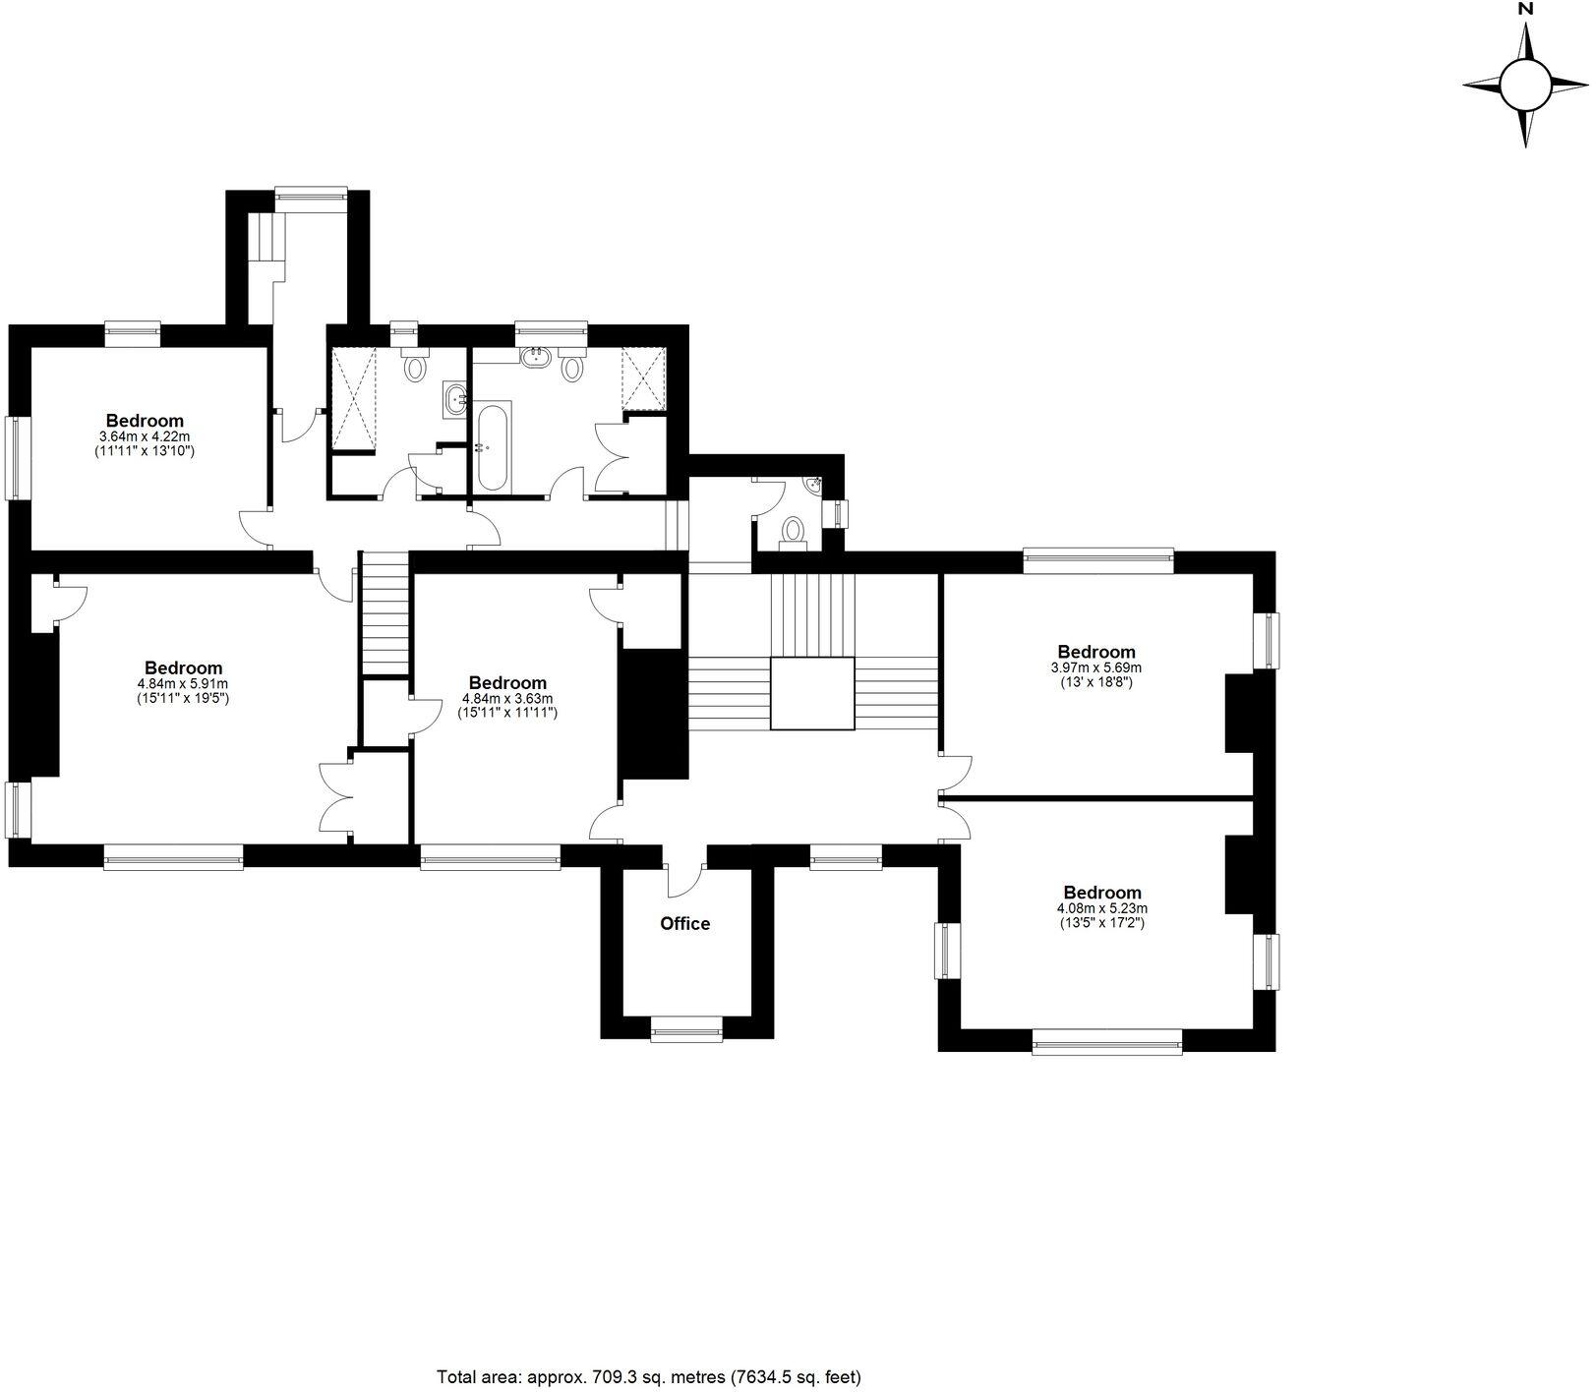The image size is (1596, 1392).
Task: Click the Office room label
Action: [x=684, y=924]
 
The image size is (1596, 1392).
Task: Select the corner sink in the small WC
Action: [x=812, y=485]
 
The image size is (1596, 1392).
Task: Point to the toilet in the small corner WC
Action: [x=792, y=532]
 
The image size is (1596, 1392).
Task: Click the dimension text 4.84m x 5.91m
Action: [x=183, y=683]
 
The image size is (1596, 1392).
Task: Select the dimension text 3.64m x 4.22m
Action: [x=145, y=436]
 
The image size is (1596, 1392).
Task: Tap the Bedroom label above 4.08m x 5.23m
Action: [x=1102, y=894]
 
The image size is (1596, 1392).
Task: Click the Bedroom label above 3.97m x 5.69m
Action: [x=1096, y=652]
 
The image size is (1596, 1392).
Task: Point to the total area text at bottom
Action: [x=649, y=1376]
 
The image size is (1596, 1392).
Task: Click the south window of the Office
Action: [x=686, y=1033]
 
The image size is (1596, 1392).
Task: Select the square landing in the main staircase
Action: [x=811, y=694]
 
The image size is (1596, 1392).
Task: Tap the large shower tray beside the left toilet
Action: [x=353, y=396]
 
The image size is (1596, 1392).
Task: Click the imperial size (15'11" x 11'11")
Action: [x=507, y=713]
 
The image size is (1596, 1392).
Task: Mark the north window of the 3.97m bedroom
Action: [x=1098, y=561]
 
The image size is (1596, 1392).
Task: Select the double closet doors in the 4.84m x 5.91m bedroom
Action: [x=336, y=798]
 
